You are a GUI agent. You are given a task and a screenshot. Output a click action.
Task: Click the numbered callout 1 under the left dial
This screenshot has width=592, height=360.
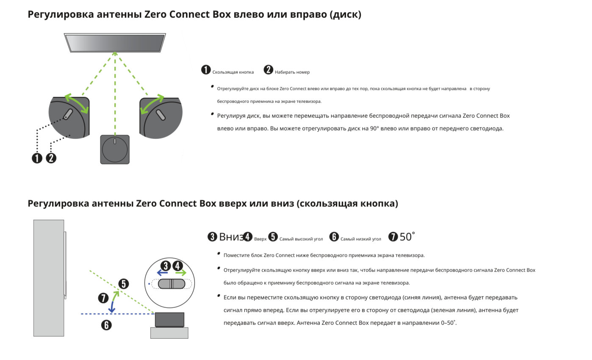click(x=37, y=158)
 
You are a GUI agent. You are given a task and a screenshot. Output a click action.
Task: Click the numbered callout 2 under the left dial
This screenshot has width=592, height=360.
click(x=51, y=158)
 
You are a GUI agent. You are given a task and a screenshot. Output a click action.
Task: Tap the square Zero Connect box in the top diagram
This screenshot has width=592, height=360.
click(x=114, y=150)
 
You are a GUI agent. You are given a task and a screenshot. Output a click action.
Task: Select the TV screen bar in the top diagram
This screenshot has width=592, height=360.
click(x=115, y=42)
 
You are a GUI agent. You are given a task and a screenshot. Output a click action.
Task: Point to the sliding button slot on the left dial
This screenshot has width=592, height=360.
click(x=68, y=114)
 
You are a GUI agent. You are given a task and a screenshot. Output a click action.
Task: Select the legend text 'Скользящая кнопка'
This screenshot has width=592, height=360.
click(x=233, y=72)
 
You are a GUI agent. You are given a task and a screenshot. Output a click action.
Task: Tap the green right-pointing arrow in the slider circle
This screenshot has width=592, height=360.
click(x=181, y=273)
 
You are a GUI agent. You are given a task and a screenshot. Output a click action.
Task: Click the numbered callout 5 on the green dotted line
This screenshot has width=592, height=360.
click(x=123, y=284)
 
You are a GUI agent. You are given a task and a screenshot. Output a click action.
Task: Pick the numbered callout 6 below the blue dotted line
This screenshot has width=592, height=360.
click(x=106, y=325)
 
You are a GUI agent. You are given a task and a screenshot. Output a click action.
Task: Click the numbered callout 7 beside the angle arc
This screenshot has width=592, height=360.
click(x=103, y=298)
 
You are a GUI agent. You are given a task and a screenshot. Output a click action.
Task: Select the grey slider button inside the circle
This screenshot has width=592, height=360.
click(x=172, y=284)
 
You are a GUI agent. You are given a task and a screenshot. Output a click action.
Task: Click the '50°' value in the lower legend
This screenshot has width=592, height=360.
click(x=407, y=237)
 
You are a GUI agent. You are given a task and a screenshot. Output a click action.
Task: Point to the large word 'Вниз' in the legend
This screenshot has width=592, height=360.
click(x=231, y=237)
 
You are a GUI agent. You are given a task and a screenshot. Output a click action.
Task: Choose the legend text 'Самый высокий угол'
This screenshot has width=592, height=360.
click(x=301, y=239)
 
